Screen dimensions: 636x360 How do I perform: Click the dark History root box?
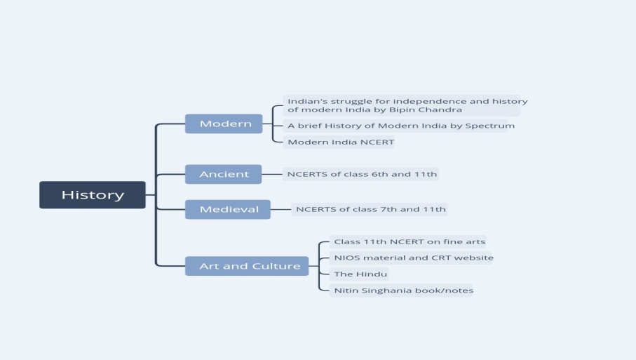pos(93,195)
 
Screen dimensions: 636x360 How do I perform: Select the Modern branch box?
pos(224,124)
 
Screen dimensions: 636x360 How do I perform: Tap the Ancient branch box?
pos(224,174)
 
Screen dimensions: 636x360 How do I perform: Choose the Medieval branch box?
pos(228,209)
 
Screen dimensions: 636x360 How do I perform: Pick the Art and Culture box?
pos(247,266)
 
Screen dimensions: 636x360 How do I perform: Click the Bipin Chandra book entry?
pos(402,105)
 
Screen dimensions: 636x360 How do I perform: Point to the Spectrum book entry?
pos(395,126)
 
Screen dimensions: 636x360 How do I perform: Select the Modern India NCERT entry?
pos(339,142)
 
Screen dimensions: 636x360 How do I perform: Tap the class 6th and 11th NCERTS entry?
pos(360,175)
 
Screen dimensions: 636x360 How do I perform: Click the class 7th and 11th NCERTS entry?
pos(370,209)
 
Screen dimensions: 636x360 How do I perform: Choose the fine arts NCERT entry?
pos(407,242)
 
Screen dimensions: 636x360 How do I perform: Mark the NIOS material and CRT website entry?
pos(410,258)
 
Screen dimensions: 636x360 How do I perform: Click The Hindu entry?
pos(359,274)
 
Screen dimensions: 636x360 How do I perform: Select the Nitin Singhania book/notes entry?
pos(401,291)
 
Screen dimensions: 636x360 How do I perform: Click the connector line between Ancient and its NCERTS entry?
pos(272,174)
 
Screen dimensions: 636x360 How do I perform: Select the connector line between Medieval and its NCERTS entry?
pos(280,209)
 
